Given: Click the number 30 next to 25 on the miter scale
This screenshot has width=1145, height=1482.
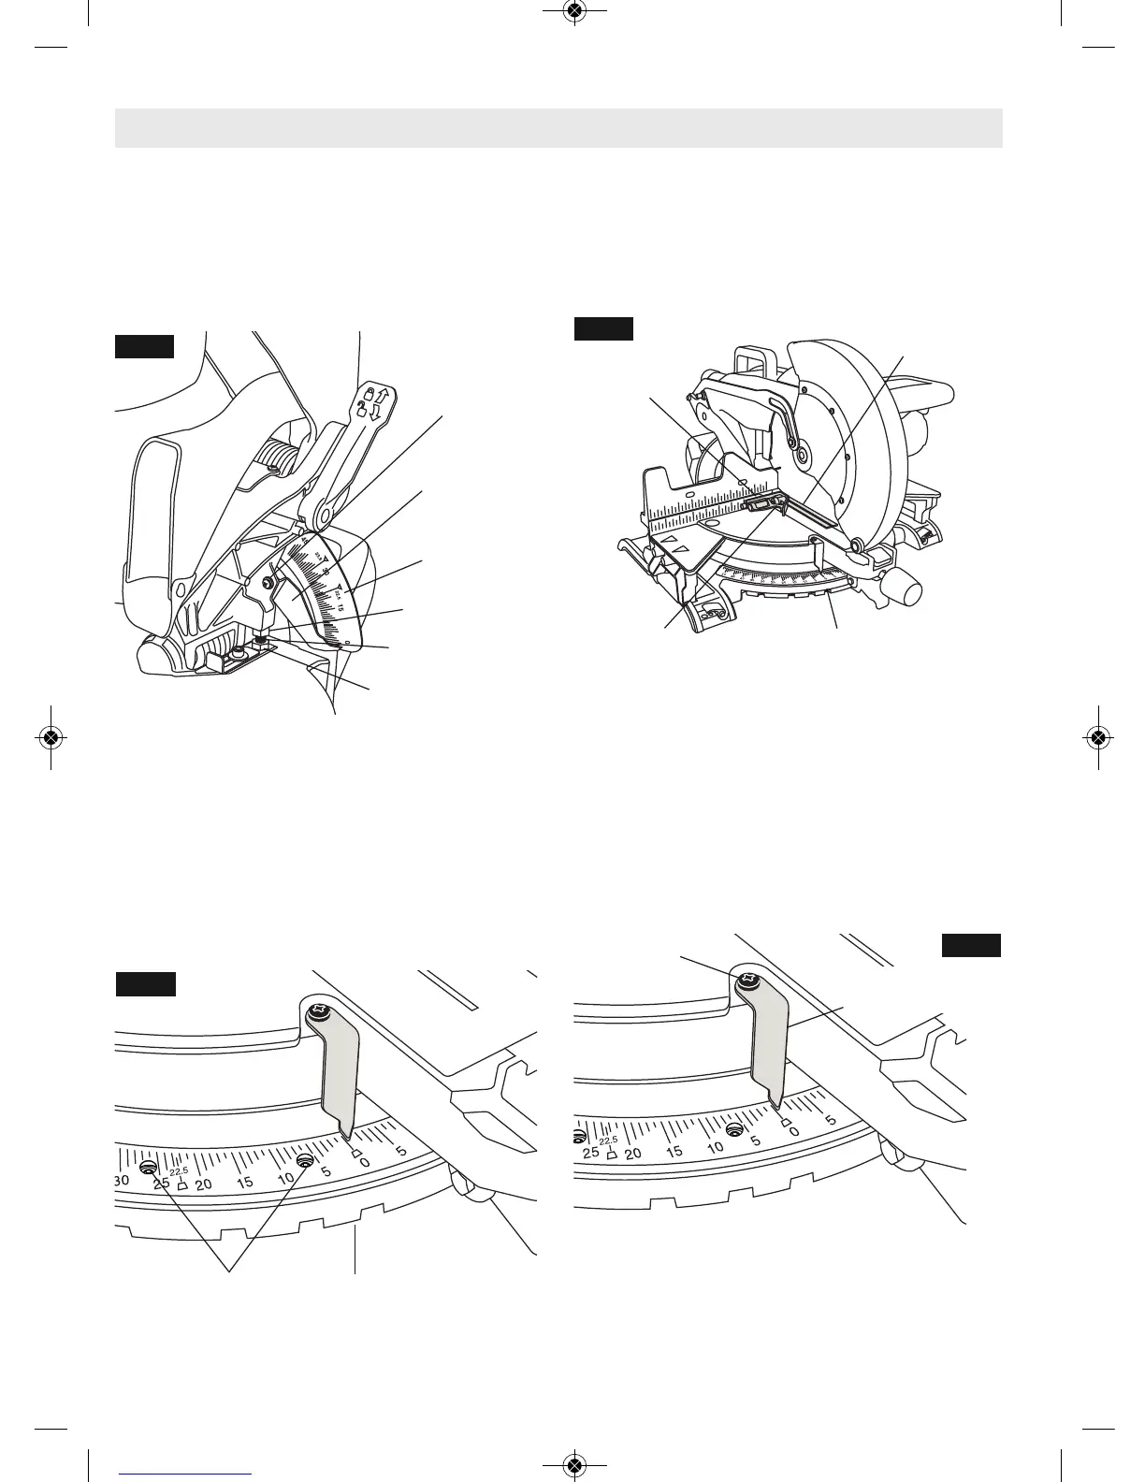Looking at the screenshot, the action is pos(122,1181).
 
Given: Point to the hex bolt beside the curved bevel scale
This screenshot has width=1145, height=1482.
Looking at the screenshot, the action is pos(268,583).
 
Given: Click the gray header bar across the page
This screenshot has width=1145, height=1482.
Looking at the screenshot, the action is pos(558,128).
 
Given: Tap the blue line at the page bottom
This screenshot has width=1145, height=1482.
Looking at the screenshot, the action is pos(185,1473).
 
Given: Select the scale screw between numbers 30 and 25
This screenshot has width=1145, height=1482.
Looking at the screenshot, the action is pos(148,1168).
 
